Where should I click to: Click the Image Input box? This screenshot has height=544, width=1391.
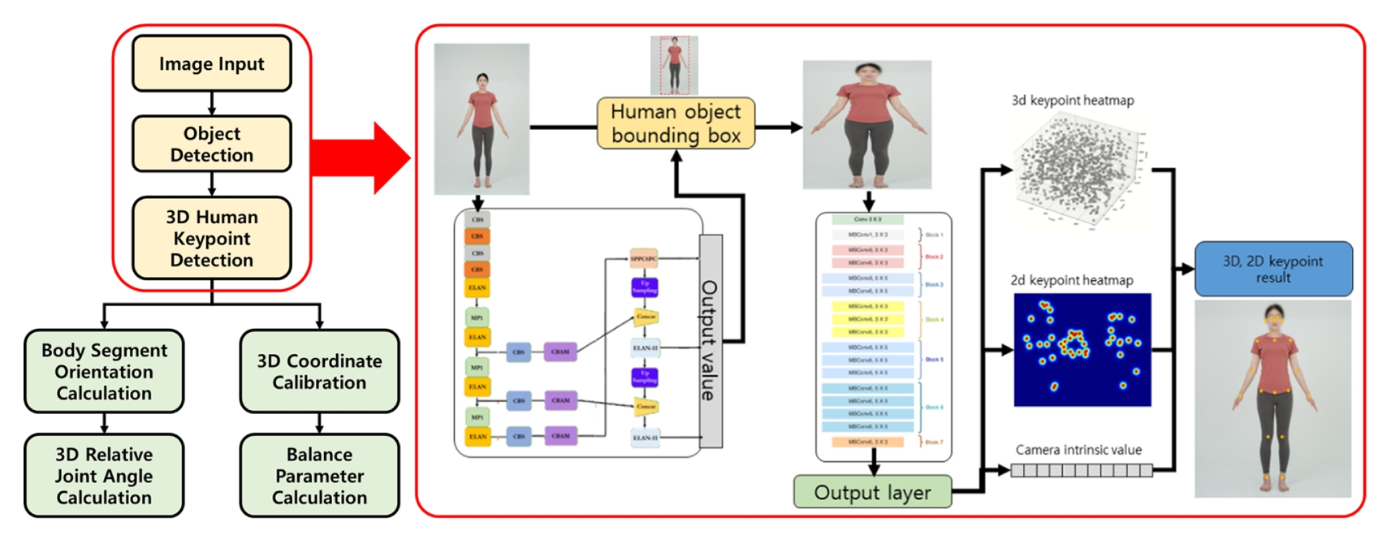pos(211,63)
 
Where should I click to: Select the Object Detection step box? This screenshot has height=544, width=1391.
pos(211,144)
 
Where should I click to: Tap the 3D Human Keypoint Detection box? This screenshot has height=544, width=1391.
pos(211,238)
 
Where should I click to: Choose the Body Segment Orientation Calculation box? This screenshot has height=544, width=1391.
pos(104,371)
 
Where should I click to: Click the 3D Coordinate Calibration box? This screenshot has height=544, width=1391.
pos(319,371)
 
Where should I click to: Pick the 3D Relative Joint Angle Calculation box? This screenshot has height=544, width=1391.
pos(104,476)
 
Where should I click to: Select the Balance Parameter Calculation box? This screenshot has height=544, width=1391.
pos(319,476)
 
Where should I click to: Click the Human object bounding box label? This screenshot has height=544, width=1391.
pos(676,123)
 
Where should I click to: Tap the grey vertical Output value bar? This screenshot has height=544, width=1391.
pos(710,341)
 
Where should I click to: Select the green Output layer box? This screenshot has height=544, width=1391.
pos(872,492)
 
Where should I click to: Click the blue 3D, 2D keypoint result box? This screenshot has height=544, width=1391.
pos(1273,269)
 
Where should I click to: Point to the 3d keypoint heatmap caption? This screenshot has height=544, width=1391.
pos(1072,101)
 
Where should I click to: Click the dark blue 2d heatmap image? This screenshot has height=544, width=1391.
pos(1082,350)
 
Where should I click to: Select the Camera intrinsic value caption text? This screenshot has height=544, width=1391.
pos(1078,450)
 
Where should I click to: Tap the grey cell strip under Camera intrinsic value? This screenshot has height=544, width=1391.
pos(1081,470)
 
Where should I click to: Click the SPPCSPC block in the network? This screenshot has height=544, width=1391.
pos(644,259)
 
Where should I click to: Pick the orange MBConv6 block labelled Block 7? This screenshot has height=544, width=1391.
pos(867,443)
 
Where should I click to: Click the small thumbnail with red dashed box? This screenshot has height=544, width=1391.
pos(674,65)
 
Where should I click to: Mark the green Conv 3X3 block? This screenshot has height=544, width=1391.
pos(867,219)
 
